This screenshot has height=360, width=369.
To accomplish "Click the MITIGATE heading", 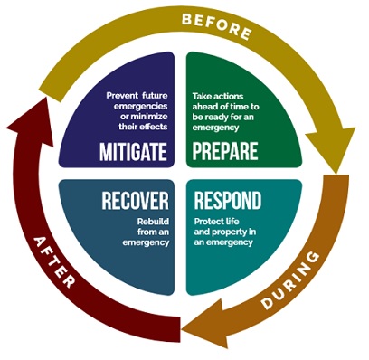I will pyautogui.click(x=134, y=151).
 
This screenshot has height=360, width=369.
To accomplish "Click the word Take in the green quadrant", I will pyautogui.click(x=203, y=93).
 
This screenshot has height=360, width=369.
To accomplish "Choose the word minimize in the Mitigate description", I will pyautogui.click(x=147, y=116).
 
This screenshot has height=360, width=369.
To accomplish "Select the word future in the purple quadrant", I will pyautogui.click(x=155, y=93).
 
